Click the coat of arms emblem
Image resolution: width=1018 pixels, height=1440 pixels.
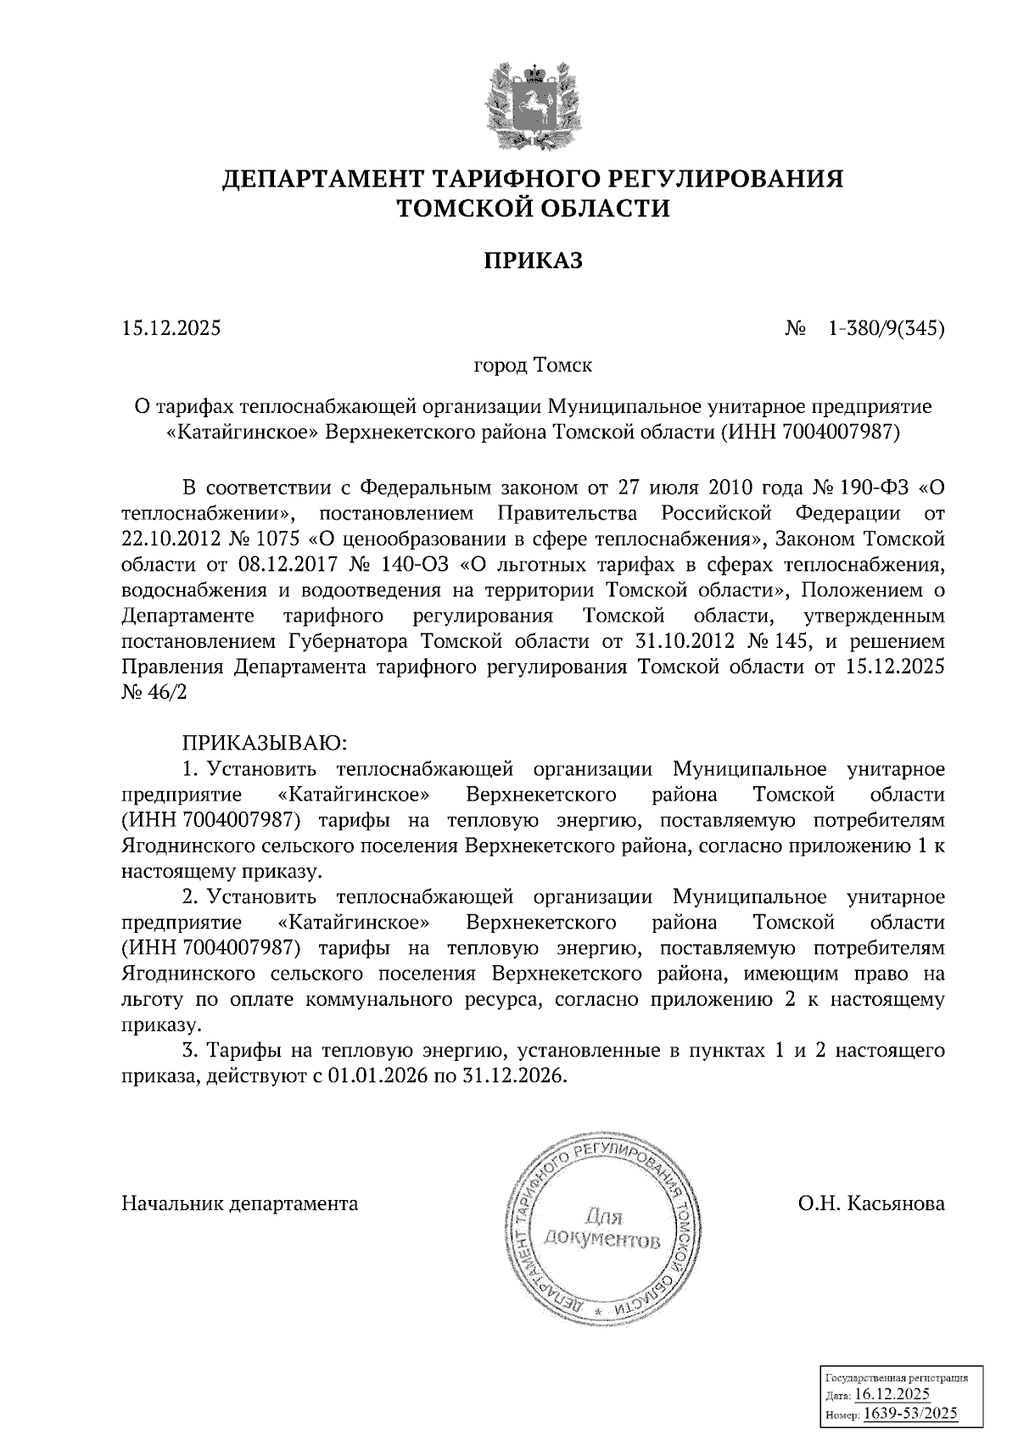533,104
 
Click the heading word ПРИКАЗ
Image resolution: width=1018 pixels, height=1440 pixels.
533,260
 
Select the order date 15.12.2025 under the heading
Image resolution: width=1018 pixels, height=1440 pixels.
171,327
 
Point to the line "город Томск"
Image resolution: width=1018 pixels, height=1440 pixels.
532,366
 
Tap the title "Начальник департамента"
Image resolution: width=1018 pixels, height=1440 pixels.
240,1203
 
